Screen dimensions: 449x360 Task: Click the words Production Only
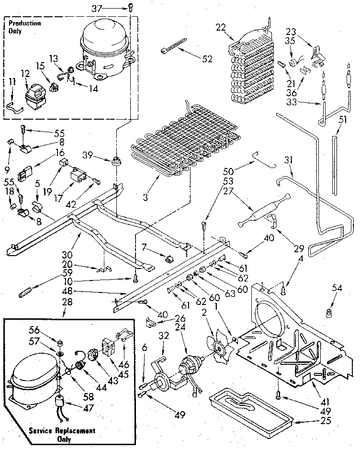pos(24,26)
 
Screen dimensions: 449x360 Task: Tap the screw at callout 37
pos(130,7)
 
